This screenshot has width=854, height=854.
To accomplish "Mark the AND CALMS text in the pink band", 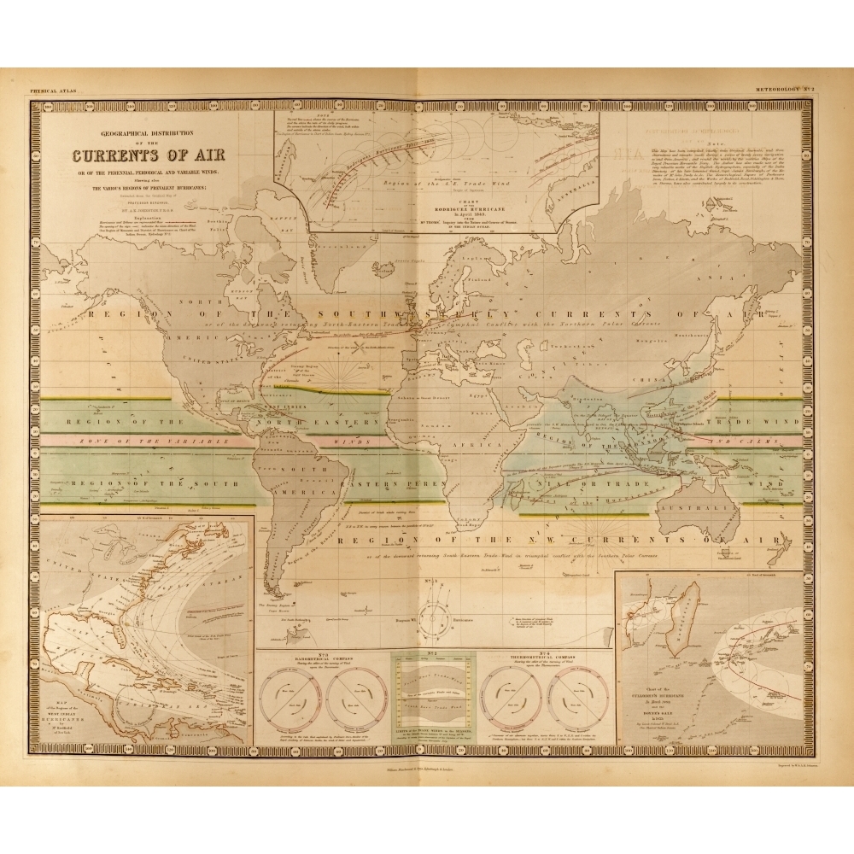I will point(752,442).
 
